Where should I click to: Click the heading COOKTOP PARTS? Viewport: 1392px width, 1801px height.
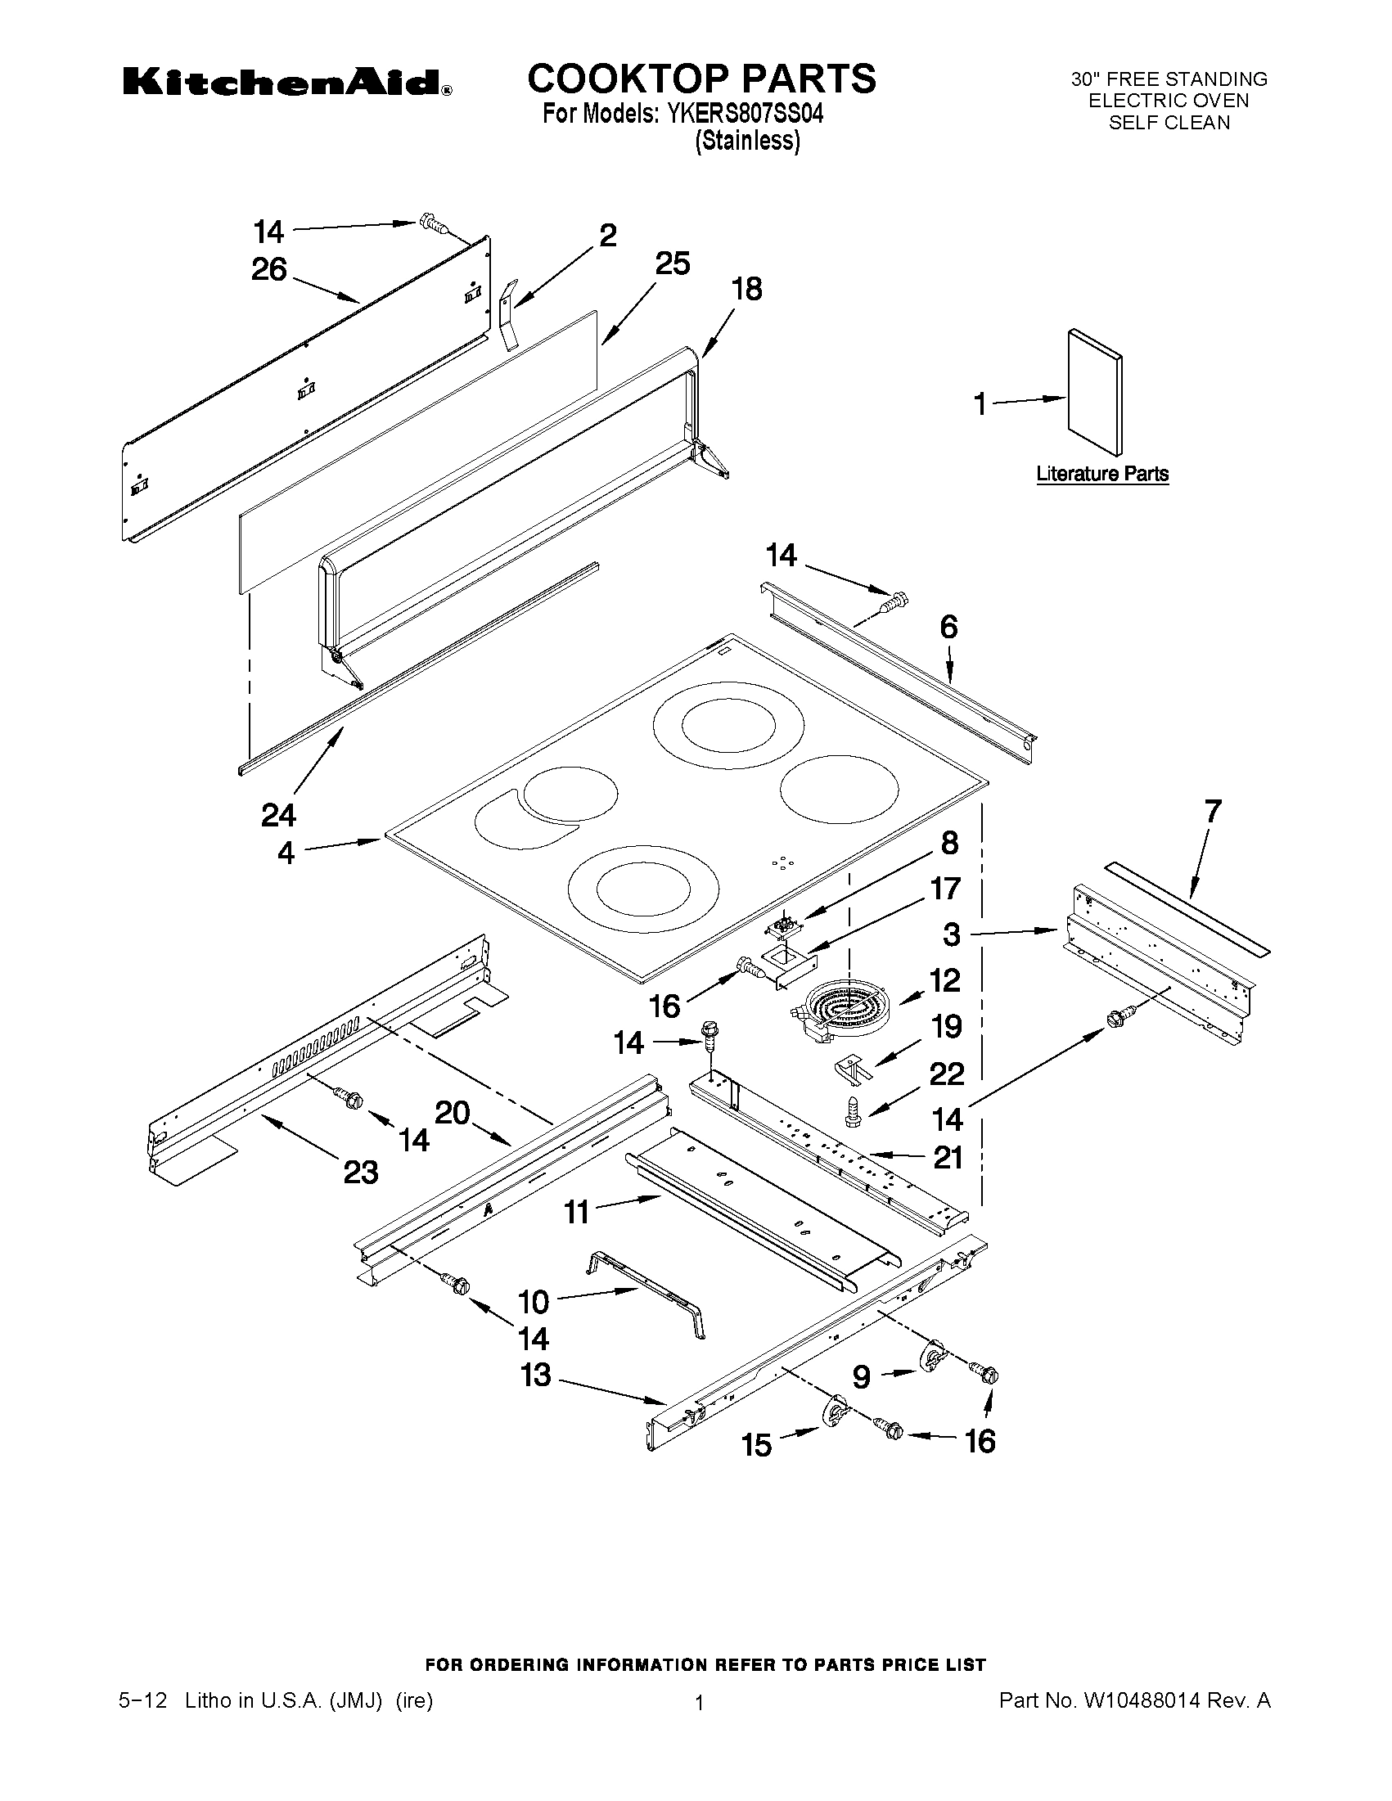701,79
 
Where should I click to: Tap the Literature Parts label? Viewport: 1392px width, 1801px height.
1101,474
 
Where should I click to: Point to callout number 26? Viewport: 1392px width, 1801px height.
269,270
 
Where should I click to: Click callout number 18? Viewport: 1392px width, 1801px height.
747,290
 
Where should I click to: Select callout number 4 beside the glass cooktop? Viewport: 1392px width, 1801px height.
286,853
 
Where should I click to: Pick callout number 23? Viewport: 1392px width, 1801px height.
360,1172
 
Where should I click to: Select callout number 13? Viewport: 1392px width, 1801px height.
536,1375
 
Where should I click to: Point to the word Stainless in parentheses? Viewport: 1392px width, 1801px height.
747,140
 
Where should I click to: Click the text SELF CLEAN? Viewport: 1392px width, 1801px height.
1169,123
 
